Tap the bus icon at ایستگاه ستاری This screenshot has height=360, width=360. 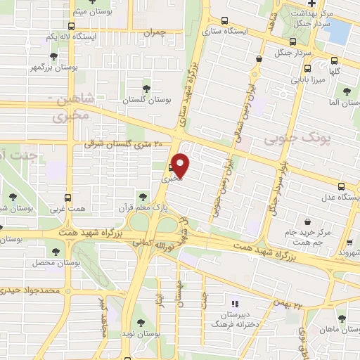(x=224, y=21)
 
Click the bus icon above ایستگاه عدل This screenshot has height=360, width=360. (x=341, y=187)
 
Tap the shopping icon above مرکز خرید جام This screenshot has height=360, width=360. (x=308, y=221)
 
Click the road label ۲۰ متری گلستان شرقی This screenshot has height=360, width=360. (x=122, y=143)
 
